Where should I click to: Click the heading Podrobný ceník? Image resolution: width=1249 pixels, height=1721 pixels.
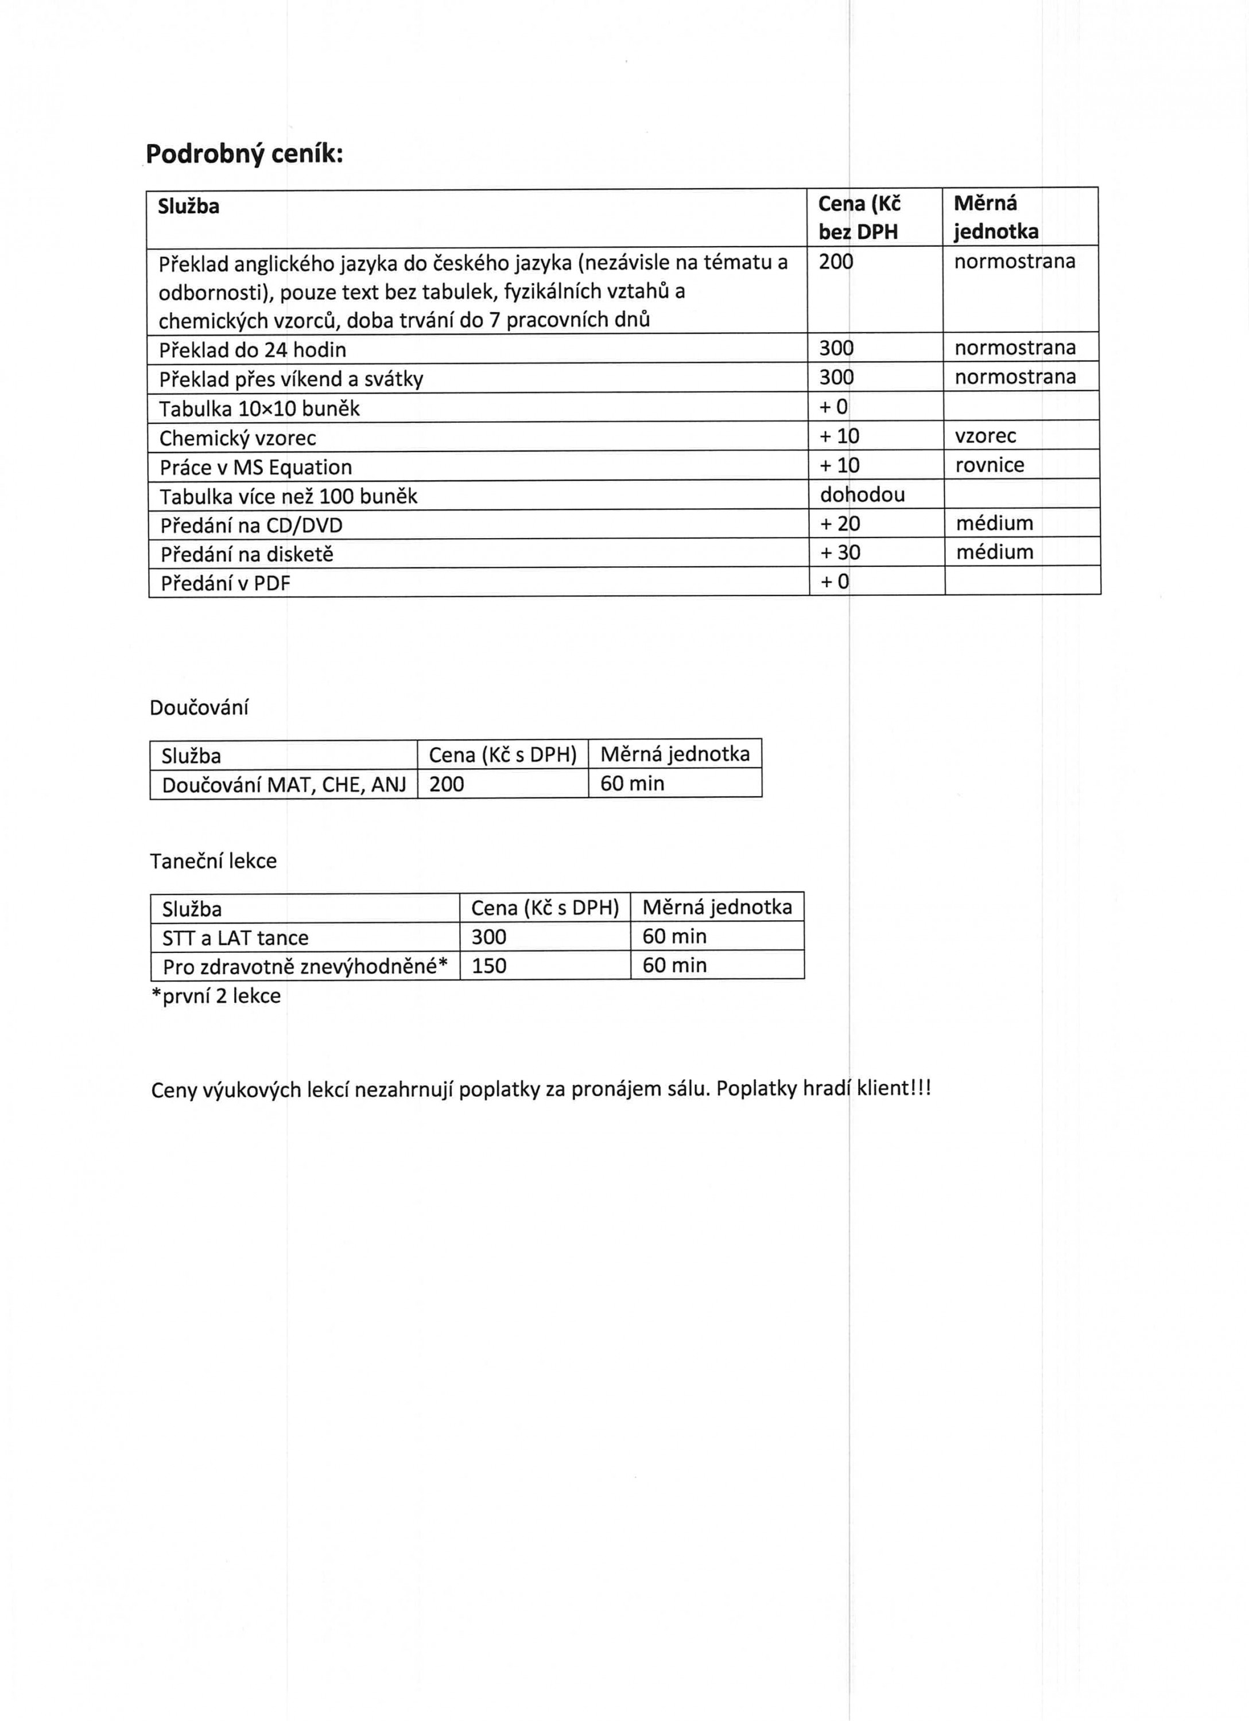(244, 155)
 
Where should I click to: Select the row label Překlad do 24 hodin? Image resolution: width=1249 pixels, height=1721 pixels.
(252, 350)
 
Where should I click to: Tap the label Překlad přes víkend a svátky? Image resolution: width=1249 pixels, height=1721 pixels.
(291, 379)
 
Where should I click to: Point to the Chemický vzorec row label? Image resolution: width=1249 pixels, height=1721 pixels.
(237, 438)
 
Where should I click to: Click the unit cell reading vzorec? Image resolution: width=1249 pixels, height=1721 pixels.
(985, 435)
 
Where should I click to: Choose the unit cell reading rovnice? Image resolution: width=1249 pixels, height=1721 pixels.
(990, 465)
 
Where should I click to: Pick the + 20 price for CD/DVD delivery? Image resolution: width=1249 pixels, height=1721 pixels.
(840, 524)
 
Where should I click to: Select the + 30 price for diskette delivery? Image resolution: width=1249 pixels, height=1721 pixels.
(840, 552)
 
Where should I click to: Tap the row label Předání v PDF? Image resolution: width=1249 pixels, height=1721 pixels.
(225, 583)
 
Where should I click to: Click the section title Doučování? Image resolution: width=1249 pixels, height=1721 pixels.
(199, 708)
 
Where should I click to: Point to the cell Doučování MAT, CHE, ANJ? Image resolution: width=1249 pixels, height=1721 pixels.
(284, 785)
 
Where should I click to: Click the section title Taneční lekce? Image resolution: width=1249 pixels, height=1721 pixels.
(214, 861)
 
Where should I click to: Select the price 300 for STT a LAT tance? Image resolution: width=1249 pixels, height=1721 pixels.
(488, 937)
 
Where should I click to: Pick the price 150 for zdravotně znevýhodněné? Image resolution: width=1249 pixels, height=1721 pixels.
(488, 966)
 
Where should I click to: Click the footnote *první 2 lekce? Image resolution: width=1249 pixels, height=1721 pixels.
(216, 996)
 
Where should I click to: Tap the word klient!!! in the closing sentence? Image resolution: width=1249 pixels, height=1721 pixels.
(894, 1089)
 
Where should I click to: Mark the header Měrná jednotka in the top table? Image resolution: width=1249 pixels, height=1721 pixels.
(995, 217)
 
